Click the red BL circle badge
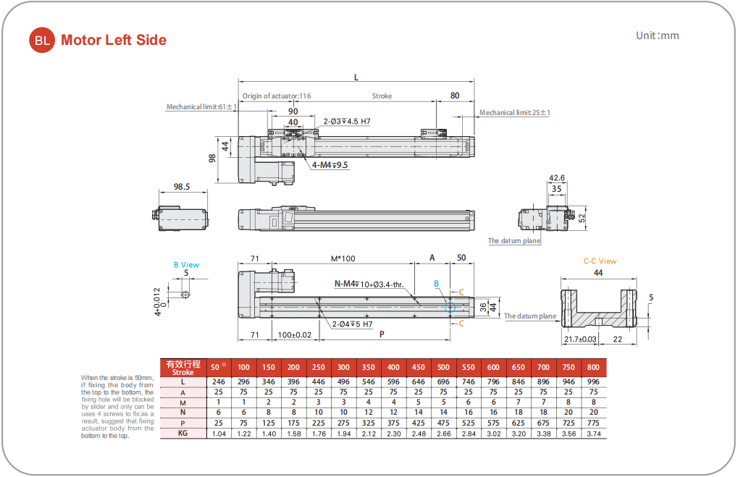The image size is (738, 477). [x=42, y=41]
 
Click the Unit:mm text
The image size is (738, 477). [x=657, y=35]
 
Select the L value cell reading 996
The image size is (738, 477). [x=593, y=381]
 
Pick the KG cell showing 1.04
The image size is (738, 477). [x=219, y=434]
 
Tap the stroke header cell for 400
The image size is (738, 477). [x=393, y=366]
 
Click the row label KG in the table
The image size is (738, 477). [x=183, y=434]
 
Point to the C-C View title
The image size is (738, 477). [x=600, y=261]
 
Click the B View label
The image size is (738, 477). [x=186, y=265]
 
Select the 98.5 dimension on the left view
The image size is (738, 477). [x=182, y=187]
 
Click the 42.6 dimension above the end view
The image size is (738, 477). [x=557, y=177]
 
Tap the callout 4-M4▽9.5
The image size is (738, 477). [x=330, y=165]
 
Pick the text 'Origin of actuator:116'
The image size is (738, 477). [x=277, y=96]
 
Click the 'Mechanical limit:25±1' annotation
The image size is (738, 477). [x=515, y=112]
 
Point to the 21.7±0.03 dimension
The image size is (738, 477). [x=580, y=339]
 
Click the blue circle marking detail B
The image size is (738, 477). [x=450, y=307]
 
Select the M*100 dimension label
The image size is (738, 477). [x=343, y=258]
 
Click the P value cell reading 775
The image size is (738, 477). [x=593, y=423]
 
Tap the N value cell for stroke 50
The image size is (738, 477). [x=219, y=412]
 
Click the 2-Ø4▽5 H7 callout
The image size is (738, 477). [x=353, y=324]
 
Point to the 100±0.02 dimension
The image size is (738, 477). [x=294, y=334]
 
